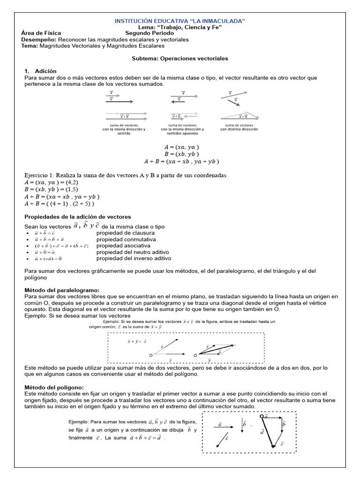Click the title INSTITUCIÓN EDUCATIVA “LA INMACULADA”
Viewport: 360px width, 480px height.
(x=180, y=21)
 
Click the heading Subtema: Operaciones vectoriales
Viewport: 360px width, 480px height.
(x=180, y=59)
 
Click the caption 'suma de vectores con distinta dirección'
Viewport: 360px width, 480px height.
(x=239, y=127)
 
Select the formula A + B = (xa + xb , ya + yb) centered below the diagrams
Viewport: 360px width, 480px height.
(x=182, y=161)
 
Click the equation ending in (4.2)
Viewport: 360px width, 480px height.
(x=52, y=182)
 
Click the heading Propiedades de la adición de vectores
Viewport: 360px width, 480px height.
(x=77, y=217)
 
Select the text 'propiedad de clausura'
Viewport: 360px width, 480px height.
(x=126, y=233)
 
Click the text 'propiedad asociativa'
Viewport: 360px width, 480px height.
(x=123, y=246)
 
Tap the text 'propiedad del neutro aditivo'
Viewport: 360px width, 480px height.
(x=133, y=252)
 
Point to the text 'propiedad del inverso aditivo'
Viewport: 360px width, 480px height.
(x=134, y=258)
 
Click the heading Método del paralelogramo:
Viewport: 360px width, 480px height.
(x=61, y=291)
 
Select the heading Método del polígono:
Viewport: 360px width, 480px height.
(x=54, y=387)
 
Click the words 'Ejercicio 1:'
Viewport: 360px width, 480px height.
(x=40, y=175)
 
